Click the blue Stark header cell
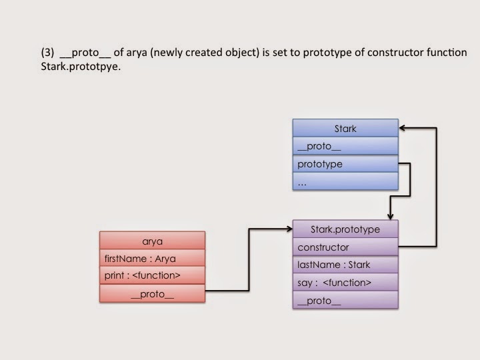[x=345, y=128]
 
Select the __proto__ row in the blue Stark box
[x=345, y=146]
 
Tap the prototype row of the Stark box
[x=345, y=163]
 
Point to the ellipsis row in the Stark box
[x=345, y=181]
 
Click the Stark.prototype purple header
[x=345, y=229]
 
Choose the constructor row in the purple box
[x=345, y=247]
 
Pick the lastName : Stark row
[x=345, y=264]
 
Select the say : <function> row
[x=345, y=282]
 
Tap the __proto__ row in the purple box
[x=345, y=300]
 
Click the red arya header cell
[x=152, y=241]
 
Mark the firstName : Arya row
[x=152, y=258]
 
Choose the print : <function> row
[x=152, y=275]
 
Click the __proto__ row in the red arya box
[x=152, y=293]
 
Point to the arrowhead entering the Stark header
[x=401, y=128]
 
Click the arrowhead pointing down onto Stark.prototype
[x=390, y=217]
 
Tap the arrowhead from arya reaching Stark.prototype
[x=289, y=229]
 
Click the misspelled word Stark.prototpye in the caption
[x=81, y=67]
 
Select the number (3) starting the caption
[x=47, y=53]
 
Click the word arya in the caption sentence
[x=137, y=53]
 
